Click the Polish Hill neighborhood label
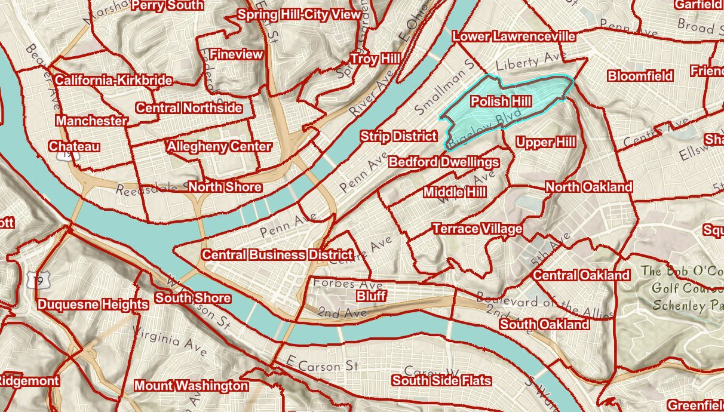[501, 102]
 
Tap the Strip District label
[398, 137]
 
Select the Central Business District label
[277, 255]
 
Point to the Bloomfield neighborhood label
[640, 76]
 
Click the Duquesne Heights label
[93, 305]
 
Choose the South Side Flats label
[442, 380]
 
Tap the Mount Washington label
[191, 386]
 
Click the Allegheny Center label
[219, 146]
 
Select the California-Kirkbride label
[113, 80]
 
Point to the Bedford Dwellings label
[444, 162]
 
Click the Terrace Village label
[477, 229]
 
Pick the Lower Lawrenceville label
[514, 36]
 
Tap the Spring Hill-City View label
[299, 15]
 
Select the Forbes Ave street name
[348, 284]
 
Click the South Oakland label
[544, 324]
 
